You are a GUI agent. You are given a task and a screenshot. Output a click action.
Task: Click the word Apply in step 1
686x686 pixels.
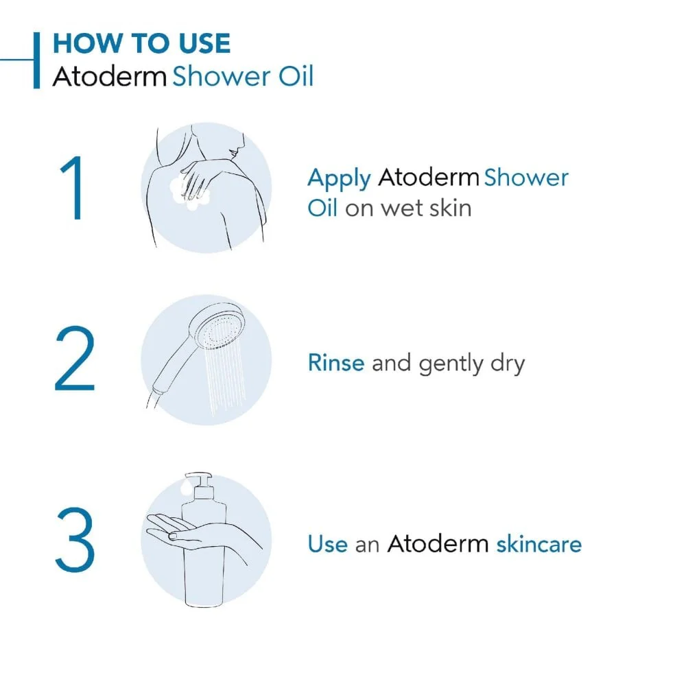(x=339, y=178)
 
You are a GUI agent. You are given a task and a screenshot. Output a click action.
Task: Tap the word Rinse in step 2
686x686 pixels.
(x=336, y=362)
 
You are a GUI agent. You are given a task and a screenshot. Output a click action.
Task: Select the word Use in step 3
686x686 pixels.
(x=328, y=544)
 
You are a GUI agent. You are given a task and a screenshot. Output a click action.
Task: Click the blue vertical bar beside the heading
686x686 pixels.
(x=37, y=60)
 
